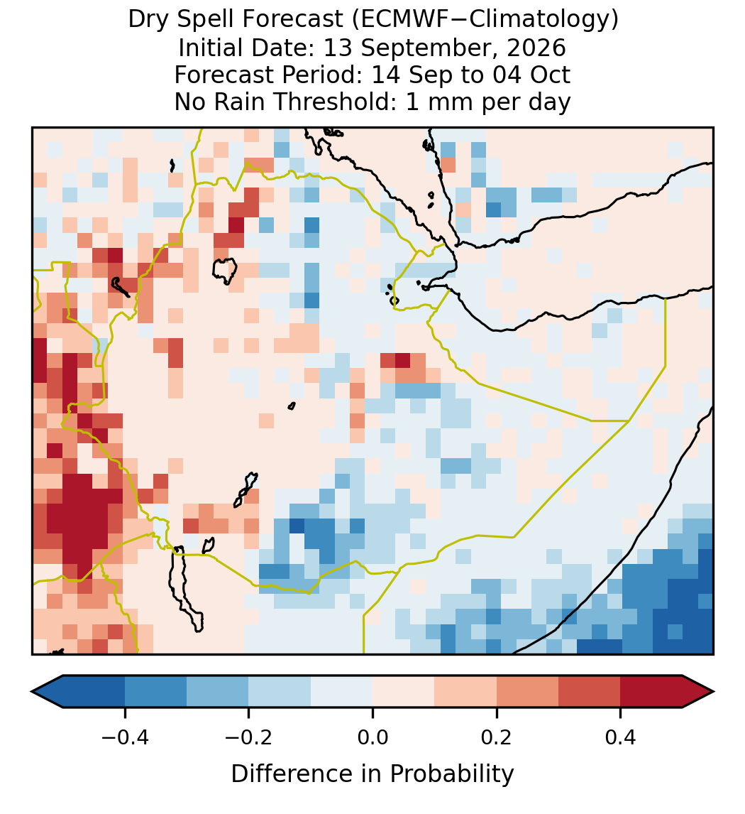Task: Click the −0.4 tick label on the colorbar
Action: (x=124, y=737)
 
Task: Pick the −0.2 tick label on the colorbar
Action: (x=248, y=737)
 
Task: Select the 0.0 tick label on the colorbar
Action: (x=372, y=737)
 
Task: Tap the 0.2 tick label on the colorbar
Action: (x=497, y=737)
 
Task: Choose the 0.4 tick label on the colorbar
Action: (x=621, y=737)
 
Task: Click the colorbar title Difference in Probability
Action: (x=372, y=774)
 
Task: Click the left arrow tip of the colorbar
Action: (x=32, y=692)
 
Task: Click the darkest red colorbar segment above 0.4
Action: (x=651, y=692)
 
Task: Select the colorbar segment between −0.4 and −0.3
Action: (x=155, y=692)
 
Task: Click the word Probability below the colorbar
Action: (x=451, y=774)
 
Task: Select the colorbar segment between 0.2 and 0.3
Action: (x=527, y=692)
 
